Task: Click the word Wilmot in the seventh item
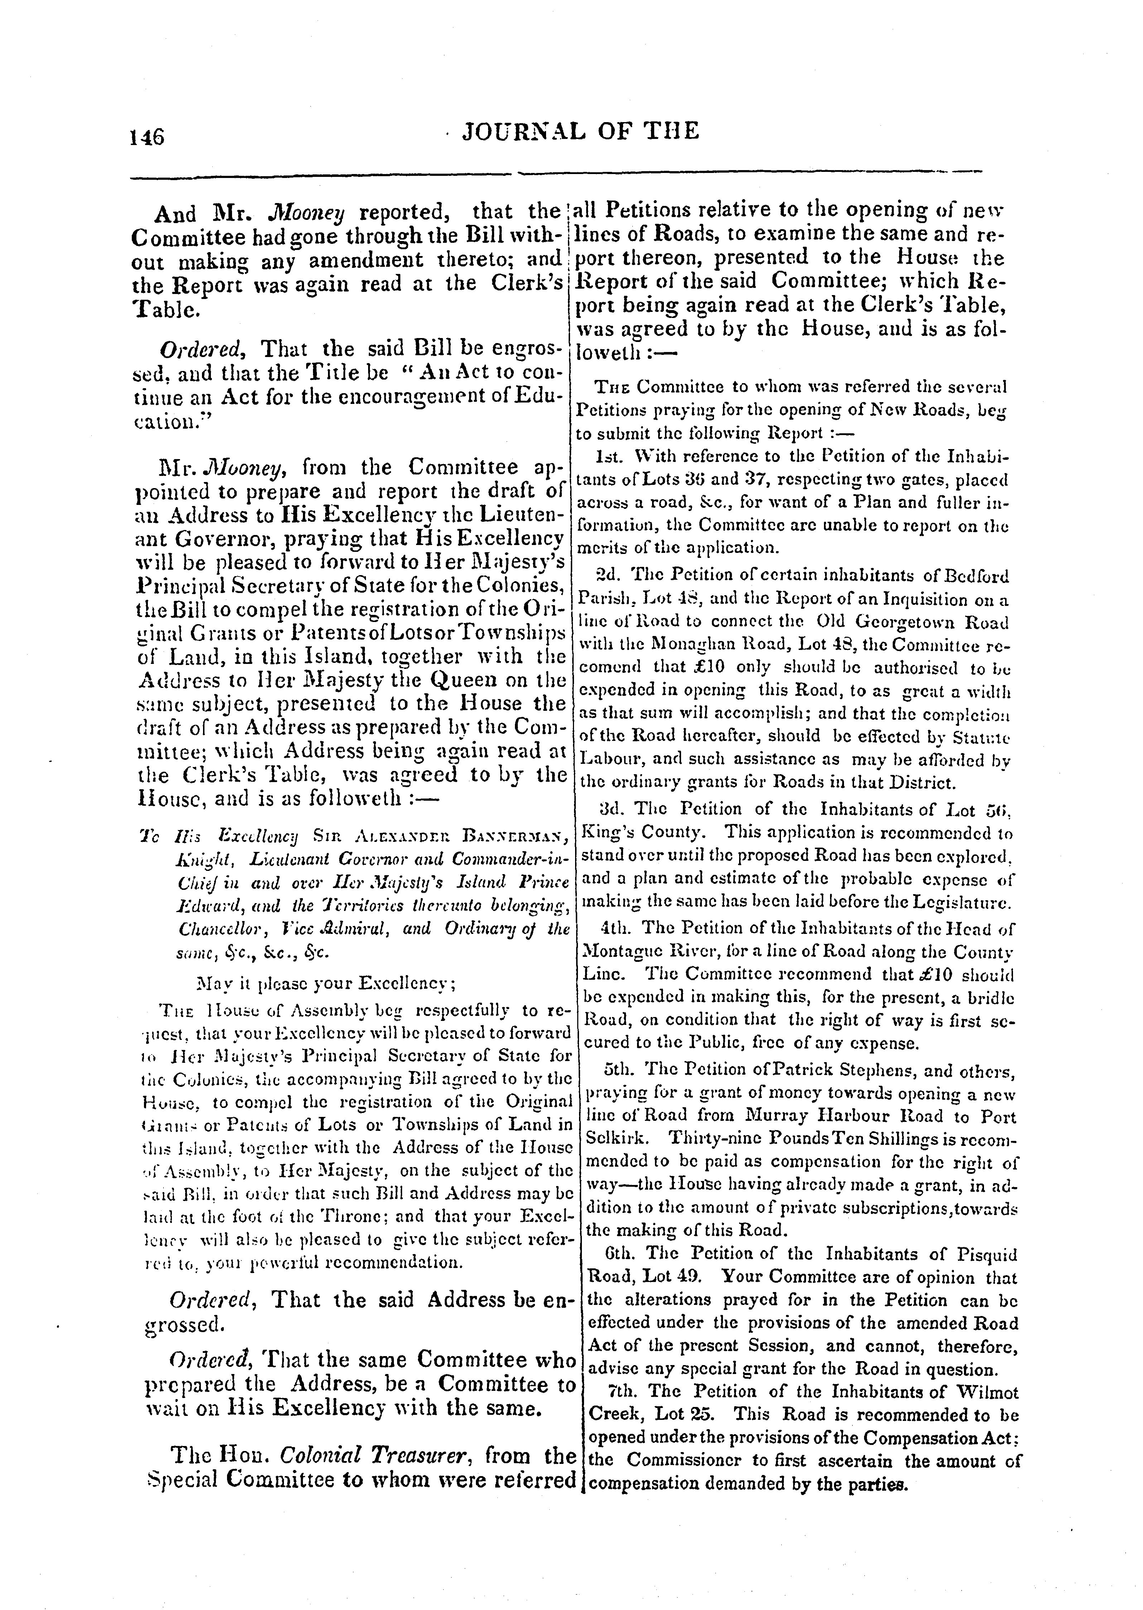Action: [988, 1392]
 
